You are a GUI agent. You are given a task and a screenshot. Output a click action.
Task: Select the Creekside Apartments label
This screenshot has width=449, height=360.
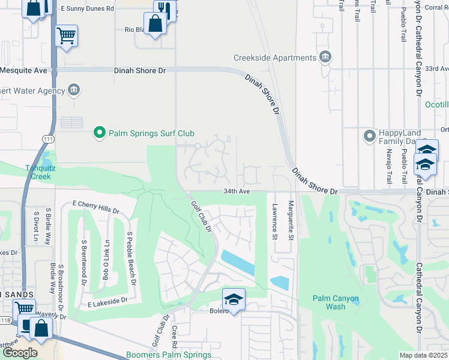point(275,58)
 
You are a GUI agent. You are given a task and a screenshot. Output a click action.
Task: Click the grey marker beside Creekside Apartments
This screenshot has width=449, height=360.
point(325,57)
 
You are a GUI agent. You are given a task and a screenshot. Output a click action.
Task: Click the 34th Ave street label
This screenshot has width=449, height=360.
point(236,191)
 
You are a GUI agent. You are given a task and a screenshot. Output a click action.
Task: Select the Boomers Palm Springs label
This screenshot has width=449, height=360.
point(169,355)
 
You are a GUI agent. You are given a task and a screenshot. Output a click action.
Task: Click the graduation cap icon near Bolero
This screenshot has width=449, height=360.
point(234,299)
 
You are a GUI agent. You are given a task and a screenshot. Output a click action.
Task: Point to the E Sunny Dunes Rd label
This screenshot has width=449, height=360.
point(87,10)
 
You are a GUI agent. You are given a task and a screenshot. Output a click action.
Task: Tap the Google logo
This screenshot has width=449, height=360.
point(20,353)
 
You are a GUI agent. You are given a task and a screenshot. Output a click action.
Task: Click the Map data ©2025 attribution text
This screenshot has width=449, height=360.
point(424,355)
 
